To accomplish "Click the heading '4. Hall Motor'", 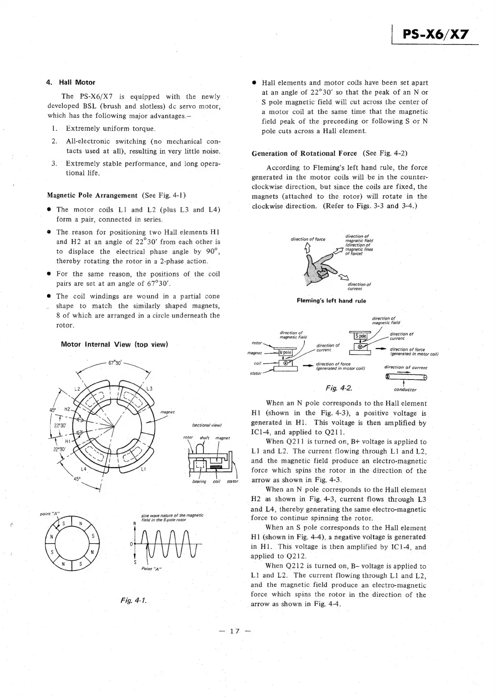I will coord(71,82).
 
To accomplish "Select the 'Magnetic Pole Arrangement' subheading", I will coord(92,195).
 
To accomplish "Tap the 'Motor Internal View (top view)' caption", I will coord(114,345).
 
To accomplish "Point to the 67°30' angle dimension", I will coord(115,362).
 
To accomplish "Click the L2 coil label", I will coord(77,389).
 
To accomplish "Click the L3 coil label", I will coord(150,389).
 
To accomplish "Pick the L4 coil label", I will coord(83,469).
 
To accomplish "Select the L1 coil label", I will coord(143,469).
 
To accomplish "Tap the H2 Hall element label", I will coord(67,410).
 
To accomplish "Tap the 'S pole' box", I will coord(360,336).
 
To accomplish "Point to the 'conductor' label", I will coord(405,390).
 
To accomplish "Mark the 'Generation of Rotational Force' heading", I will coord(304,154).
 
